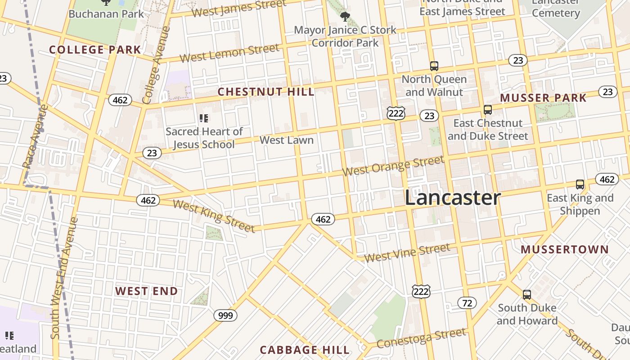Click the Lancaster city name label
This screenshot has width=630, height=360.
(452, 198)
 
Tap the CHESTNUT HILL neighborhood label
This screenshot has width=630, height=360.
(266, 92)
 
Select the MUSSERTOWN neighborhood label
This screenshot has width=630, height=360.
(564, 250)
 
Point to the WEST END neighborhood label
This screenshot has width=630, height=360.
(146, 291)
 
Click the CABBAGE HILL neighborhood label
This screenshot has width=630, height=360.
(305, 350)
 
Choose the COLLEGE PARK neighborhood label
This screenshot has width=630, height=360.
(95, 50)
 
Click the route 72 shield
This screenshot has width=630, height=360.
(467, 303)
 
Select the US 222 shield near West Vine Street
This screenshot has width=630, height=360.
(421, 291)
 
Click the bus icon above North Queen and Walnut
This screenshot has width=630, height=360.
(434, 66)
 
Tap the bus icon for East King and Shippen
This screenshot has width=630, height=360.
(580, 184)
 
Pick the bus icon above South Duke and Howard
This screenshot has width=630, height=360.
(526, 295)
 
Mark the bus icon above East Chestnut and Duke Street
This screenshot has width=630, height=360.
(487, 109)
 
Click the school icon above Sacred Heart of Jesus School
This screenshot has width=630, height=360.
(203, 118)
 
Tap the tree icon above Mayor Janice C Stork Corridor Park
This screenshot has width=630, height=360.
(345, 17)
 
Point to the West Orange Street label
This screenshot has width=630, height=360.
(393, 166)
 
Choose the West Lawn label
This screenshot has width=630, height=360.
(287, 140)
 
